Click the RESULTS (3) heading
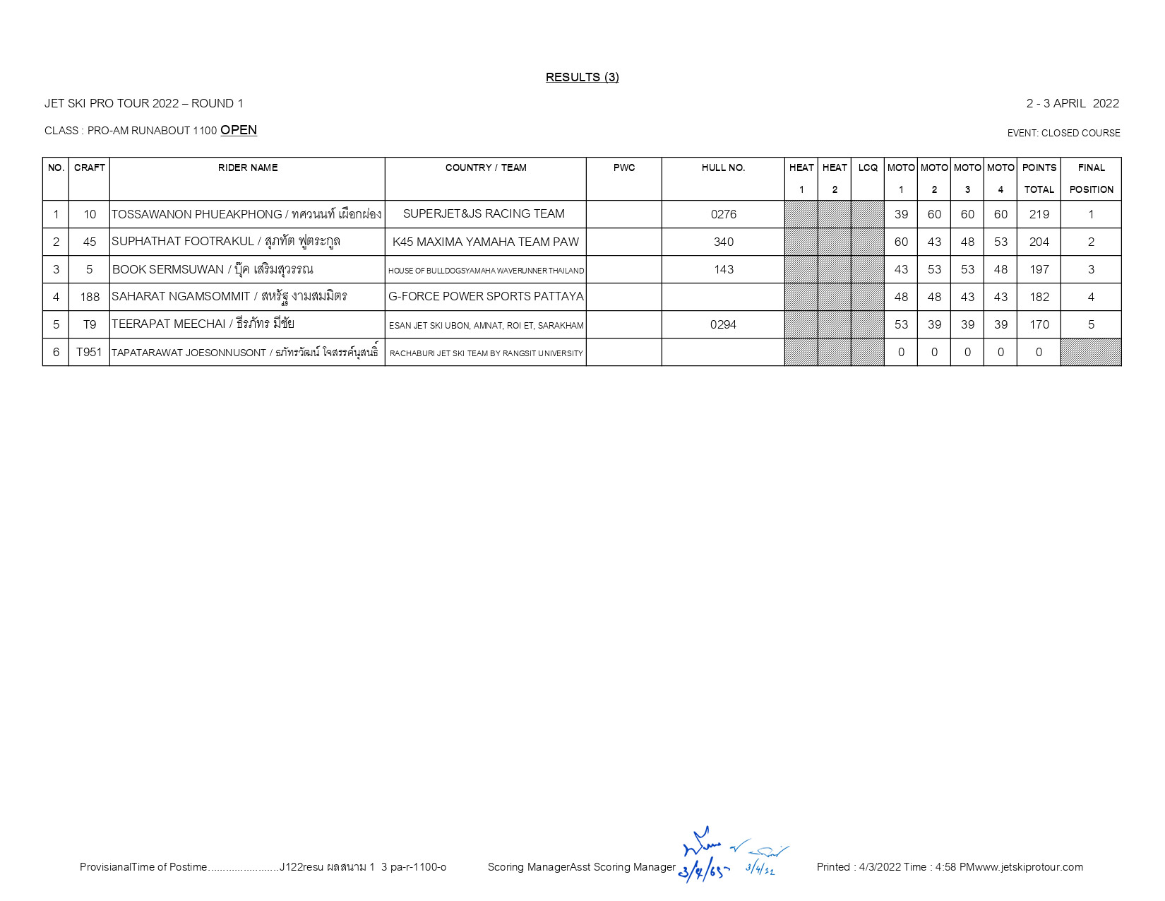tap(582, 77)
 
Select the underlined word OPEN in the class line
tap(239, 130)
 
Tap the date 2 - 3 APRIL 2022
tap(1072, 103)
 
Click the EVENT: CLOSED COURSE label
tap(1063, 133)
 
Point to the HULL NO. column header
tap(723, 168)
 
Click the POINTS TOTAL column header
tap(1039, 178)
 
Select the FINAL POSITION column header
tap(1091, 178)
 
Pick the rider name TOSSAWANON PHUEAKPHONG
tap(197, 214)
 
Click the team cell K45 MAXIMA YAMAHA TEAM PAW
tap(485, 242)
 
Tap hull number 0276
tap(723, 214)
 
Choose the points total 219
tap(1039, 214)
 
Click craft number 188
tap(90, 297)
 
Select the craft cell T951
tap(89, 352)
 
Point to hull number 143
tap(723, 269)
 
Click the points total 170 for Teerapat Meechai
tap(1039, 324)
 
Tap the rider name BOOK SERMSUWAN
tap(168, 269)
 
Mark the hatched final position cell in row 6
tap(1091, 352)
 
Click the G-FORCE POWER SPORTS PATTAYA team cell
tap(486, 297)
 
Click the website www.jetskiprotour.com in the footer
tap(1029, 867)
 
